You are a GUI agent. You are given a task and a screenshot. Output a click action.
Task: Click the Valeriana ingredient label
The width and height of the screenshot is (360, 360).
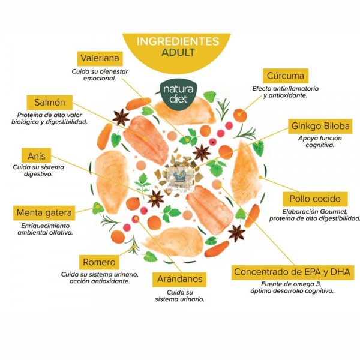click(x=100, y=58)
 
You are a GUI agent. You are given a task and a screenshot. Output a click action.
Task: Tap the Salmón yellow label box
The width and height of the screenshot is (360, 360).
click(x=50, y=103)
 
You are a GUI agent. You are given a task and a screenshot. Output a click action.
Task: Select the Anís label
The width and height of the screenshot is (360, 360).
click(x=36, y=156)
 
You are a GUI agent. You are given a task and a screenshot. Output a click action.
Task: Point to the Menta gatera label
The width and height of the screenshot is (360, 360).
click(x=44, y=213)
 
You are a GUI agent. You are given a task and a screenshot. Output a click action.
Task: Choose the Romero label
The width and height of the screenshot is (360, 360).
click(x=99, y=262)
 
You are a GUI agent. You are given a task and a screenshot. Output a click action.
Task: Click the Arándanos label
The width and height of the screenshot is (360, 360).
click(x=179, y=280)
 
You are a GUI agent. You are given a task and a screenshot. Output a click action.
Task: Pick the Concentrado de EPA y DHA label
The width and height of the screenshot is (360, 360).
click(x=293, y=272)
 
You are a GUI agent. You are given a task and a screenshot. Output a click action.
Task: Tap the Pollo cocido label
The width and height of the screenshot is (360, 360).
click(x=315, y=199)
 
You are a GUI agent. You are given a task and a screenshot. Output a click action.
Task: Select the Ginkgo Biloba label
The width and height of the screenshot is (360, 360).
click(x=320, y=126)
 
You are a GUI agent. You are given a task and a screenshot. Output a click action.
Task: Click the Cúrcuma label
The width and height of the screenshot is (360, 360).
click(x=286, y=76)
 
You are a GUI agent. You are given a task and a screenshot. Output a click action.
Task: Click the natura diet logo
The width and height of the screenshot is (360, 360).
click(x=178, y=94)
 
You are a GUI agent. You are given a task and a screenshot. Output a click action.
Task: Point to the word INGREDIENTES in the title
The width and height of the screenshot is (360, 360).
click(x=178, y=41)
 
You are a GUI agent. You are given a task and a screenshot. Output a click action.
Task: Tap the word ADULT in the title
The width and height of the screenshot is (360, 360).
click(x=178, y=52)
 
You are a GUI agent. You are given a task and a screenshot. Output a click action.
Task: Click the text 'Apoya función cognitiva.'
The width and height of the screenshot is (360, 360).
click(x=320, y=142)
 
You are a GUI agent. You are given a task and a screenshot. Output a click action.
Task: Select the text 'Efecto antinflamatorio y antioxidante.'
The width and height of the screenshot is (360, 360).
click(x=286, y=92)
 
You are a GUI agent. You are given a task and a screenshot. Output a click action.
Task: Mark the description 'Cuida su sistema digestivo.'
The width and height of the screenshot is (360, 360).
click(x=38, y=170)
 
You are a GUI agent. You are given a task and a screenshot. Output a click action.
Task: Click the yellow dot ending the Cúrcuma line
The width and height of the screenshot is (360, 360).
click(x=239, y=114)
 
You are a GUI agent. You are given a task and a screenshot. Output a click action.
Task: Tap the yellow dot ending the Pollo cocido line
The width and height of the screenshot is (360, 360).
click(x=260, y=177)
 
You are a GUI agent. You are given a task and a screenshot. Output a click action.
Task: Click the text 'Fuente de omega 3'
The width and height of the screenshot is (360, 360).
click(x=291, y=284)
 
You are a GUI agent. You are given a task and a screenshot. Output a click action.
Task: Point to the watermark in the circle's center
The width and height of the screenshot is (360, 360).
click(x=180, y=179)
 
